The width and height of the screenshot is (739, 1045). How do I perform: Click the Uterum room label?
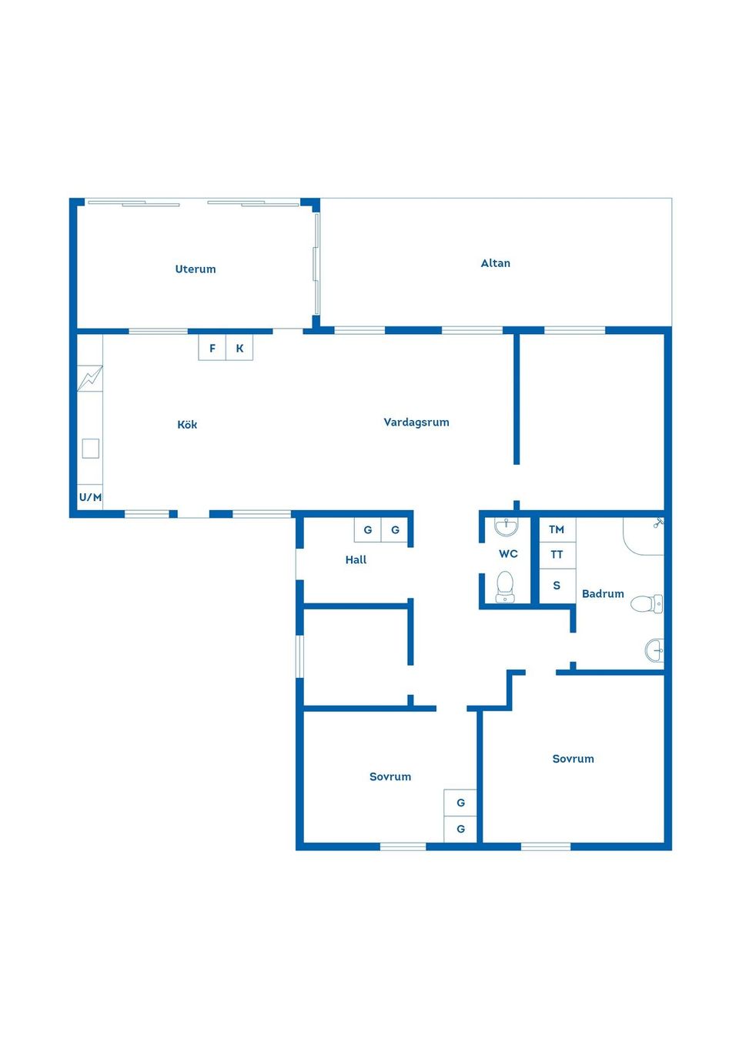tap(196, 269)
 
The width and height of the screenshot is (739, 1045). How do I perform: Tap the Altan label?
tap(495, 263)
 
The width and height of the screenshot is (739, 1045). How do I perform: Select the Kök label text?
tap(187, 425)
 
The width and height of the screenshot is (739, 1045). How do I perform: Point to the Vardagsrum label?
tap(416, 422)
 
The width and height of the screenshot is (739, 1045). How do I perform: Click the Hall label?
tap(356, 560)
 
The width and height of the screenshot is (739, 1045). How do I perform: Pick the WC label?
tap(508, 554)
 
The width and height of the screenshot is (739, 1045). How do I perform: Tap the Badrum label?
tap(603, 594)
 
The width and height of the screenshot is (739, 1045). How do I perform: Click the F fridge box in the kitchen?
tap(212, 349)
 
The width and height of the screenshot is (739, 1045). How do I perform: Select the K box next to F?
tap(239, 349)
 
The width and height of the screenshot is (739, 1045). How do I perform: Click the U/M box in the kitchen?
tap(90, 497)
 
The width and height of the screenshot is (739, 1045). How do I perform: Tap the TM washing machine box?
tap(557, 529)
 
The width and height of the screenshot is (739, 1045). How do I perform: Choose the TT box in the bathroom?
tap(557, 555)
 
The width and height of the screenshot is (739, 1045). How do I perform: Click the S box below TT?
tap(557, 586)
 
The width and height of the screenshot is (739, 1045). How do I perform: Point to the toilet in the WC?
tap(505, 586)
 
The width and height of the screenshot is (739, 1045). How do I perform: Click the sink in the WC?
tap(506, 527)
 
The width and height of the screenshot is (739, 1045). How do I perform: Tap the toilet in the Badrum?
tap(645, 603)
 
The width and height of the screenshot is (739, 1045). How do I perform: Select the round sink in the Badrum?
tap(654, 650)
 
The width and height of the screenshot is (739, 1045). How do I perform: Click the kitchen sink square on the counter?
tap(90, 448)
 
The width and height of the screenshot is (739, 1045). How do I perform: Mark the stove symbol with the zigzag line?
tap(90, 378)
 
